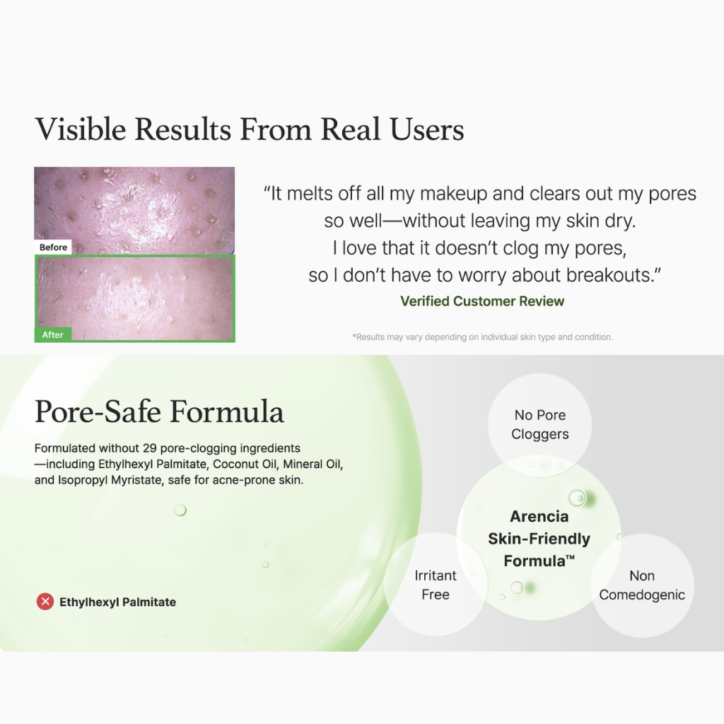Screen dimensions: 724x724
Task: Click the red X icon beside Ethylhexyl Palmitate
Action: click(x=45, y=602)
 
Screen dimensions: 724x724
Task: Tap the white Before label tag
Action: click(x=53, y=247)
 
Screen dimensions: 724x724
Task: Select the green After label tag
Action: click(x=52, y=334)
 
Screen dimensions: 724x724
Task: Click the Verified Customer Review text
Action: click(x=482, y=301)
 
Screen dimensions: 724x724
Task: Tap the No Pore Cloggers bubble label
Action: click(x=539, y=424)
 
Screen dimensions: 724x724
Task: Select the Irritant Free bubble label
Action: click(x=436, y=585)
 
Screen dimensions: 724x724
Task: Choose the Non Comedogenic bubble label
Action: click(x=642, y=585)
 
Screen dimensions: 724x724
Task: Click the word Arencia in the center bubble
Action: click(x=539, y=516)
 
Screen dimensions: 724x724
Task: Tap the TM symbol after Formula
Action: click(x=571, y=557)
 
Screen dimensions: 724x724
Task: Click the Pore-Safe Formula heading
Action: click(x=159, y=411)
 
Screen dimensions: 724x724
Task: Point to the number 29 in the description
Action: click(x=150, y=448)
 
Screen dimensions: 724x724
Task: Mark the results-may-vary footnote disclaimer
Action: click(x=482, y=337)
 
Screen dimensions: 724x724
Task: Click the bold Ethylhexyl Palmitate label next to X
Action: click(x=118, y=602)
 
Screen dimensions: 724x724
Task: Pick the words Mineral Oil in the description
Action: click(x=312, y=464)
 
